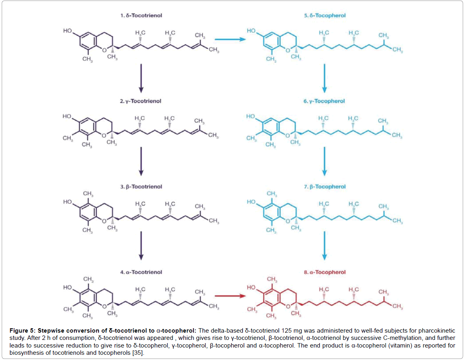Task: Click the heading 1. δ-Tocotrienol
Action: point(141,16)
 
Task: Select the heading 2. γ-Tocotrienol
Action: point(141,101)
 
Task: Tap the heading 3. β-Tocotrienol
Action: point(141,187)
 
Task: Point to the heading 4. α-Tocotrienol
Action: point(141,272)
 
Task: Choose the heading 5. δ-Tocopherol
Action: point(324,16)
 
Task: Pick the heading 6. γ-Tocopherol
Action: point(324,101)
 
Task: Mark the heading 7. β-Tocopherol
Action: point(324,187)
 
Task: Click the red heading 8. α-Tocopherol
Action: point(324,272)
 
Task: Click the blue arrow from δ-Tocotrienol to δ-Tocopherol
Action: point(230,39)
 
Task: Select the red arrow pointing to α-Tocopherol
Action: point(230,296)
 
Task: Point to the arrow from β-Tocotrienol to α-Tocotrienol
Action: point(141,247)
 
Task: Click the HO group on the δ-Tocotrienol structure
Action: point(68,31)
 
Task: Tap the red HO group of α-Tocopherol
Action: point(251,288)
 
